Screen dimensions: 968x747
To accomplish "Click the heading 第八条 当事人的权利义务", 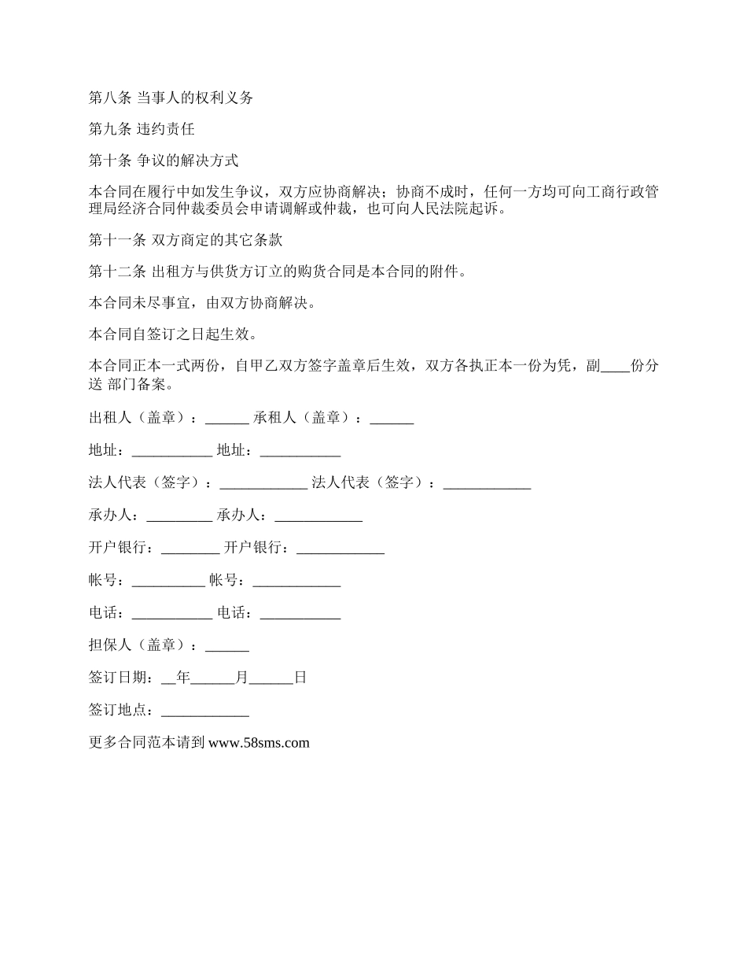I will (x=171, y=98).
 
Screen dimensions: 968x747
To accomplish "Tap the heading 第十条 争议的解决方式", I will (x=164, y=161).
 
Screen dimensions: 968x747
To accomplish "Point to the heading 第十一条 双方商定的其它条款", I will (x=186, y=241).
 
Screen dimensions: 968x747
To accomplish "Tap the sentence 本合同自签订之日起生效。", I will (x=172, y=334).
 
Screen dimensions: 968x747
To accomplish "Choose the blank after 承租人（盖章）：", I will (x=392, y=419).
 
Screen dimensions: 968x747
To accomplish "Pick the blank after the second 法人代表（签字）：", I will (x=487, y=484).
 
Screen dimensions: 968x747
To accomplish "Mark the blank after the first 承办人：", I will (x=179, y=516).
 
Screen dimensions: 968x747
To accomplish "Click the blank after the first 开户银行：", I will (x=190, y=549).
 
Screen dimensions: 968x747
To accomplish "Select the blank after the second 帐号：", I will (x=296, y=582).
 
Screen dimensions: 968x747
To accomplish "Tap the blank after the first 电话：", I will (x=172, y=614).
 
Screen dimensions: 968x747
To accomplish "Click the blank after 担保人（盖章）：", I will (x=227, y=646).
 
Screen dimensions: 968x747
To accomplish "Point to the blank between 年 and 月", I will (x=213, y=678).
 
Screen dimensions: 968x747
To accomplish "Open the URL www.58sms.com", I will (x=259, y=742).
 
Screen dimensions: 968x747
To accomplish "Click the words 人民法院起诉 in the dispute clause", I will (x=447, y=209).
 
